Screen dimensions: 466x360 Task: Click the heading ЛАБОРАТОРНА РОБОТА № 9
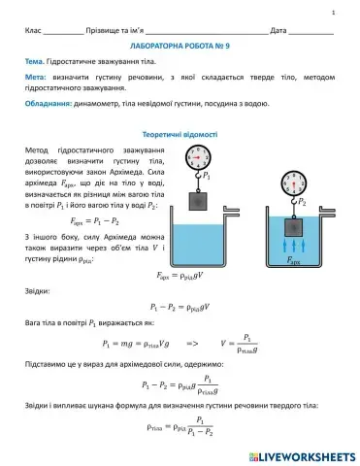click(x=180, y=46)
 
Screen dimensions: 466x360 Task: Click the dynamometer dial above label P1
click(x=199, y=155)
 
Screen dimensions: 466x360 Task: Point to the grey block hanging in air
click(x=199, y=200)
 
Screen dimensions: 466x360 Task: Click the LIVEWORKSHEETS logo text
click(x=303, y=454)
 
